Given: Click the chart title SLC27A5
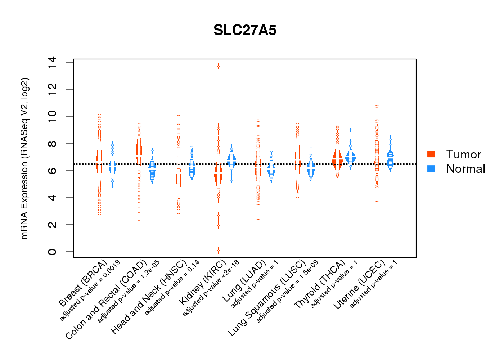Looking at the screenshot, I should click(245, 30).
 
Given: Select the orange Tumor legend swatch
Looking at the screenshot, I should click(431, 154).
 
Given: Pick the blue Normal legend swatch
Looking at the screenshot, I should click(431, 168).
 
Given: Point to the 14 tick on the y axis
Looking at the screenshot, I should click(52, 63).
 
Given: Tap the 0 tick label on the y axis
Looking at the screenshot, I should click(52, 252).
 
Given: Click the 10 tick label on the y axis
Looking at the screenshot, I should click(52, 117).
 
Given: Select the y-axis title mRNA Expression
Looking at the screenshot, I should click(24, 158).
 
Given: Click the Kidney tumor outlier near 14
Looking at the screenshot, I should click(218, 66).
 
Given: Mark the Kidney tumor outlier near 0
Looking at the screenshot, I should click(218, 250).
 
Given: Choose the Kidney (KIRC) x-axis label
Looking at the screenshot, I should click(203, 282).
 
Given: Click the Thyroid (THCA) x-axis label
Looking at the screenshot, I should click(320, 284).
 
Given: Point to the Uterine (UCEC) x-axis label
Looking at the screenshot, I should click(359, 284).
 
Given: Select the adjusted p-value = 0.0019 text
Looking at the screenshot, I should click(90, 290).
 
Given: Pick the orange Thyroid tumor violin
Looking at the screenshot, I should click(337, 159).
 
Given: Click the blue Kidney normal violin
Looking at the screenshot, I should click(231, 160).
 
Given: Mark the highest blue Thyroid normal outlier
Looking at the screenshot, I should click(350, 130).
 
